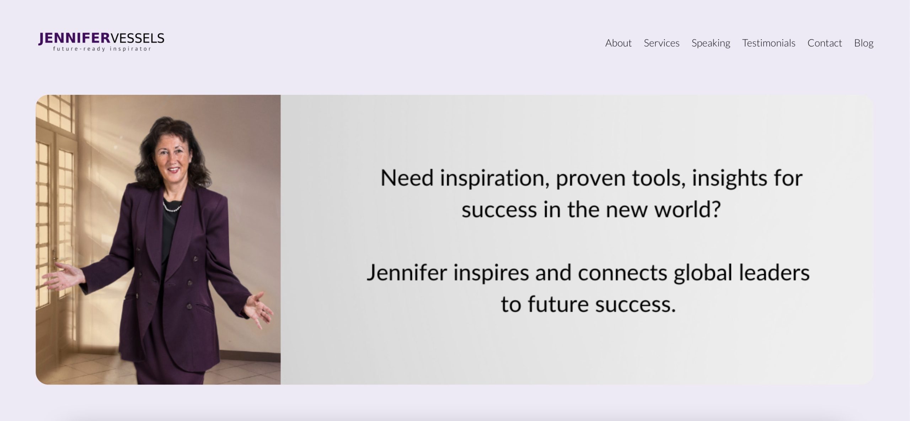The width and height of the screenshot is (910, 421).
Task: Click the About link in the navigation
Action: coord(618,43)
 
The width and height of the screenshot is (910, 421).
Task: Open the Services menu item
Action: coord(662,43)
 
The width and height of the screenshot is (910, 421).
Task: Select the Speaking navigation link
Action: coord(711,43)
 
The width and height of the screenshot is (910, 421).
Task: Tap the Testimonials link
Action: coord(769,43)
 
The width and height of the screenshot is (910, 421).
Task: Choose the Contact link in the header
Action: coord(825,43)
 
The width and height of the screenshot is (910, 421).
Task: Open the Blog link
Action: coord(864,43)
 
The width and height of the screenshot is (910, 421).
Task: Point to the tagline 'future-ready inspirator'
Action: coord(102,49)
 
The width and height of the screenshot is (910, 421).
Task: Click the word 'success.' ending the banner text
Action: coord(636,304)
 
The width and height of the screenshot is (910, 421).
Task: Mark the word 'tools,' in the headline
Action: coord(659,178)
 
